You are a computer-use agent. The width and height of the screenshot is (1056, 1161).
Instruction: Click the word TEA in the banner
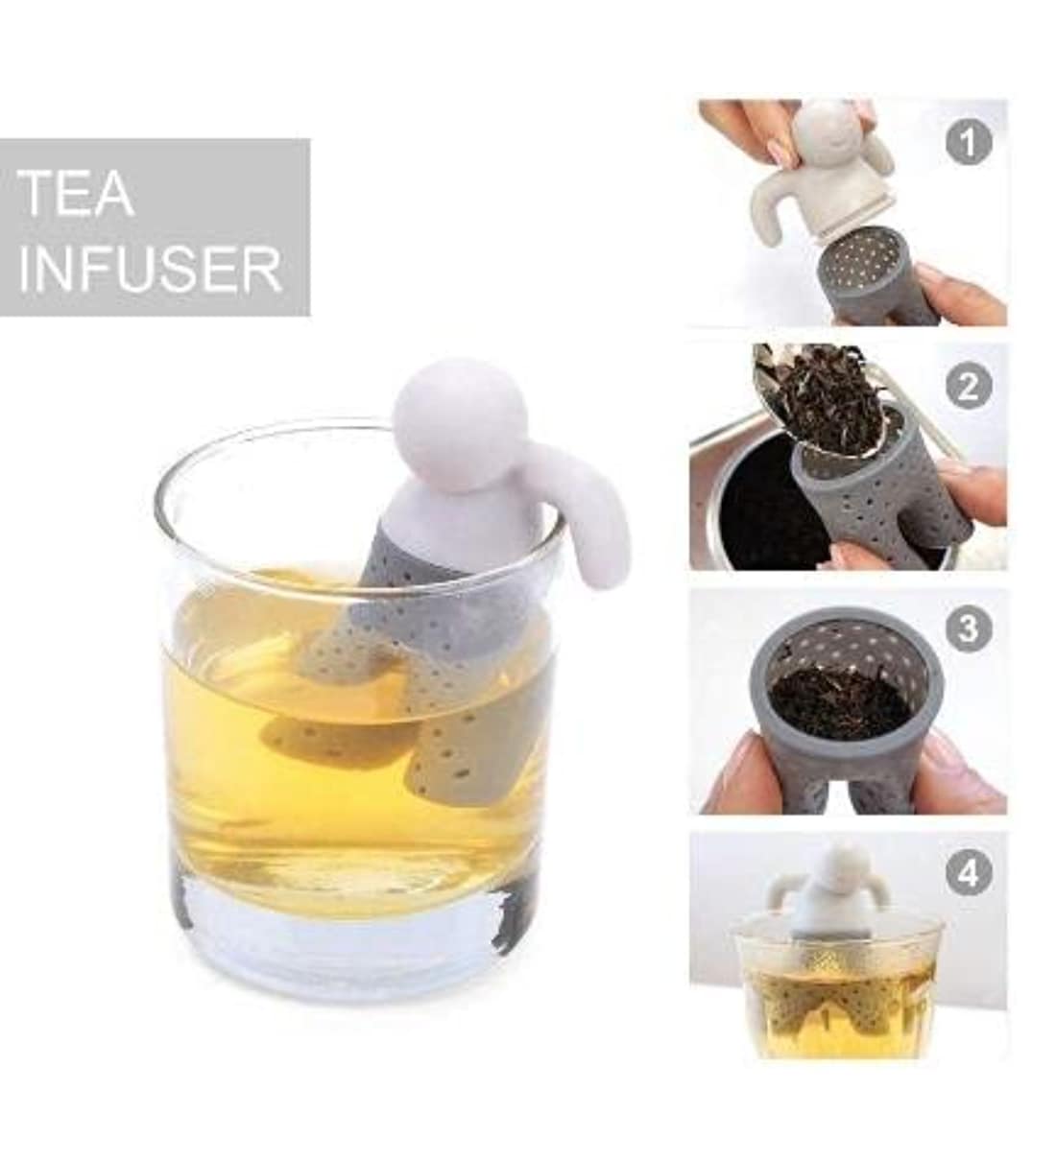coord(76,194)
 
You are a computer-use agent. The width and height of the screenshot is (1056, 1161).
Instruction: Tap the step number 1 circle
coord(969,143)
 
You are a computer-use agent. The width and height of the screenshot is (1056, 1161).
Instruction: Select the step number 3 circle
coord(969,629)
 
